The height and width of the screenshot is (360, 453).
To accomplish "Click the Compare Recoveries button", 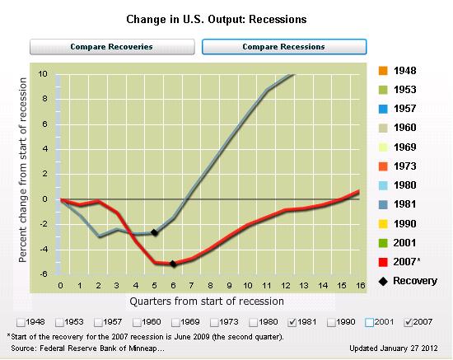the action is click(x=112, y=47).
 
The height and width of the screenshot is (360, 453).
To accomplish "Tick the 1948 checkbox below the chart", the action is click(x=21, y=322).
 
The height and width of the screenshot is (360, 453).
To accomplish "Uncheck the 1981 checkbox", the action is click(x=292, y=322).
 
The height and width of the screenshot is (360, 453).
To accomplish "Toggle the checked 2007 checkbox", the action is click(x=408, y=322).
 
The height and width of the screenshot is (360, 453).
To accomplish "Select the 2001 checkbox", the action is click(x=369, y=322).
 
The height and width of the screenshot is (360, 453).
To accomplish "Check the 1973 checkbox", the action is click(x=214, y=322).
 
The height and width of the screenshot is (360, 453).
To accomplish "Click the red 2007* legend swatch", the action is click(x=383, y=262).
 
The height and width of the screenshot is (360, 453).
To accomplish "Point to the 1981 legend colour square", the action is click(x=383, y=204).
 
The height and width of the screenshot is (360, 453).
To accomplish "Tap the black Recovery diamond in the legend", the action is click(x=383, y=281).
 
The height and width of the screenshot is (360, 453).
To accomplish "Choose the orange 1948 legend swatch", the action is click(x=383, y=71).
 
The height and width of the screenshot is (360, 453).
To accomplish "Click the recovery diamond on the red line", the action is click(x=173, y=264).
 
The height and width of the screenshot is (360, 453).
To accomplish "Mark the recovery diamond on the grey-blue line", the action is click(x=154, y=232).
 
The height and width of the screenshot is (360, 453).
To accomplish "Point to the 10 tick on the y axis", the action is click(x=43, y=74).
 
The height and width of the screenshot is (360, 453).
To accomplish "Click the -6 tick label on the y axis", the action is click(x=43, y=274).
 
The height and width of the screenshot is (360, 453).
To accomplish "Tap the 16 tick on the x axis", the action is click(x=360, y=286).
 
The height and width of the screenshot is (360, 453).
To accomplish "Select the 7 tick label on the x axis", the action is click(x=191, y=286).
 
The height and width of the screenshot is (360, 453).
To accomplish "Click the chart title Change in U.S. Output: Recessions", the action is click(x=217, y=19).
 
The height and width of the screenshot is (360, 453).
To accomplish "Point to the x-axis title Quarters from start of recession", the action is click(x=207, y=302).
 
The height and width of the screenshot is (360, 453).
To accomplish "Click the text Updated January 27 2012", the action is click(x=394, y=348).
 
